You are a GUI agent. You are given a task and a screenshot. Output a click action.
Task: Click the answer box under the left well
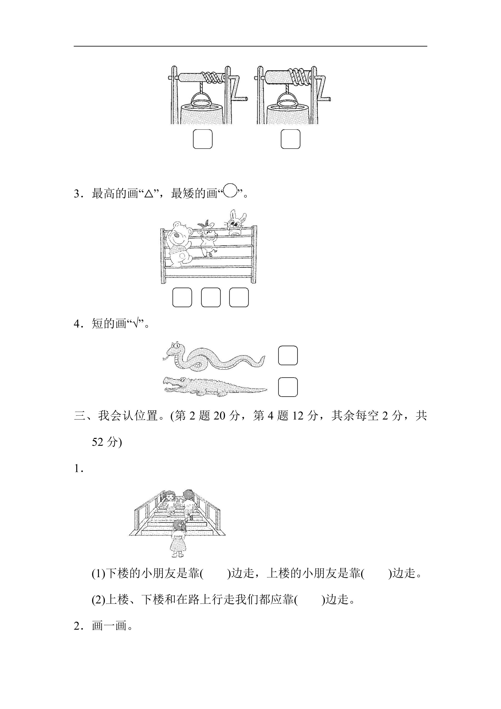tap(202, 139)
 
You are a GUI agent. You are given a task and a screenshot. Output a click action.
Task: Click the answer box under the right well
tap(290, 139)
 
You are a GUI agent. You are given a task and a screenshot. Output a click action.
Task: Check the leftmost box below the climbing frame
tap(182, 297)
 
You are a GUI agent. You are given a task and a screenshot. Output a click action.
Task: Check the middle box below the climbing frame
tap(211, 297)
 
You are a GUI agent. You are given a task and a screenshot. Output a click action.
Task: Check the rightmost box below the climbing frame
tap(239, 297)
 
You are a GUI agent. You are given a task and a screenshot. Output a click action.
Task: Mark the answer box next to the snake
tap(288, 355)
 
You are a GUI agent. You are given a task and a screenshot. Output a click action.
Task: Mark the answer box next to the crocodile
tap(288, 387)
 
